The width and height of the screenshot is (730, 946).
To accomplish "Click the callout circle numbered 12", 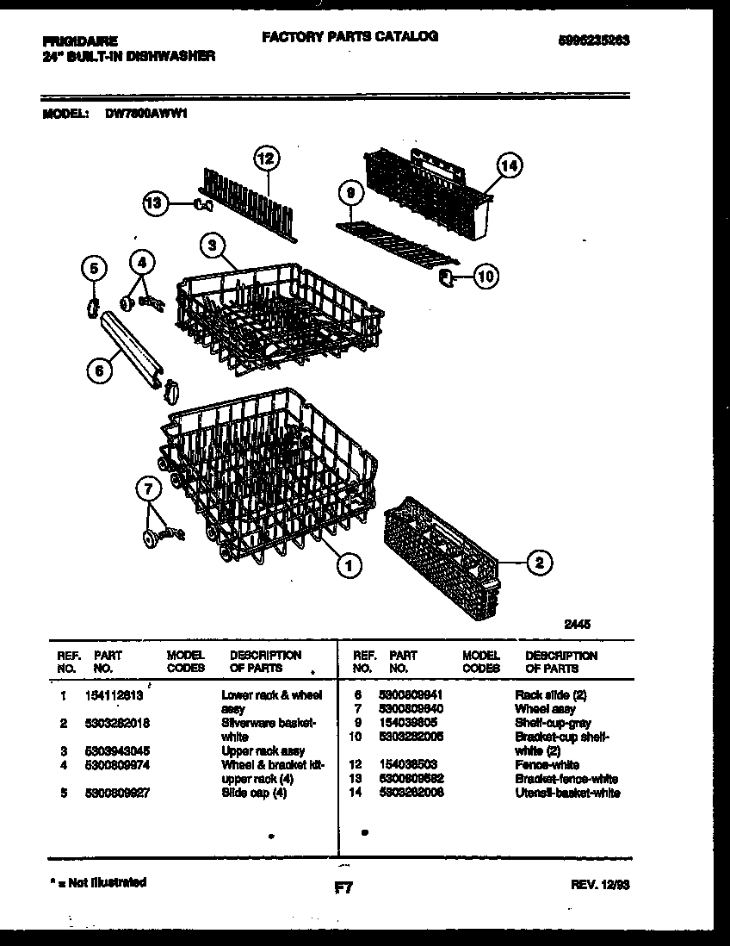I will tap(267, 159).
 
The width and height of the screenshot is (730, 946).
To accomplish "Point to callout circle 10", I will tap(486, 277).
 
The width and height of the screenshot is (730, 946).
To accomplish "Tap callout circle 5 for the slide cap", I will tap(96, 268).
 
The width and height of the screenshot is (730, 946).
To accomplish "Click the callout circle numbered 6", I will tap(99, 370).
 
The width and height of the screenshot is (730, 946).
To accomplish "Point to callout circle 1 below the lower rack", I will tap(349, 565).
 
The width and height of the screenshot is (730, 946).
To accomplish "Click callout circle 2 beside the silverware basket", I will tap(538, 563).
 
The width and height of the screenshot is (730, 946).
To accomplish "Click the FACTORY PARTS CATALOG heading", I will tap(350, 36).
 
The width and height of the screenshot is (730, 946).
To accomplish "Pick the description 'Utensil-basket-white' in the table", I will tap(567, 793).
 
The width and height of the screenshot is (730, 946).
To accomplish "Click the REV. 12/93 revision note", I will tap(599, 884).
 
